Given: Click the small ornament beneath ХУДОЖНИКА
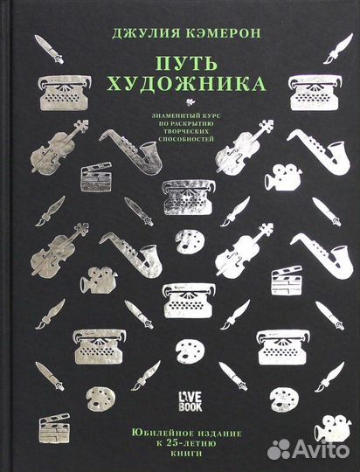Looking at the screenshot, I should (x=180, y=103).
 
